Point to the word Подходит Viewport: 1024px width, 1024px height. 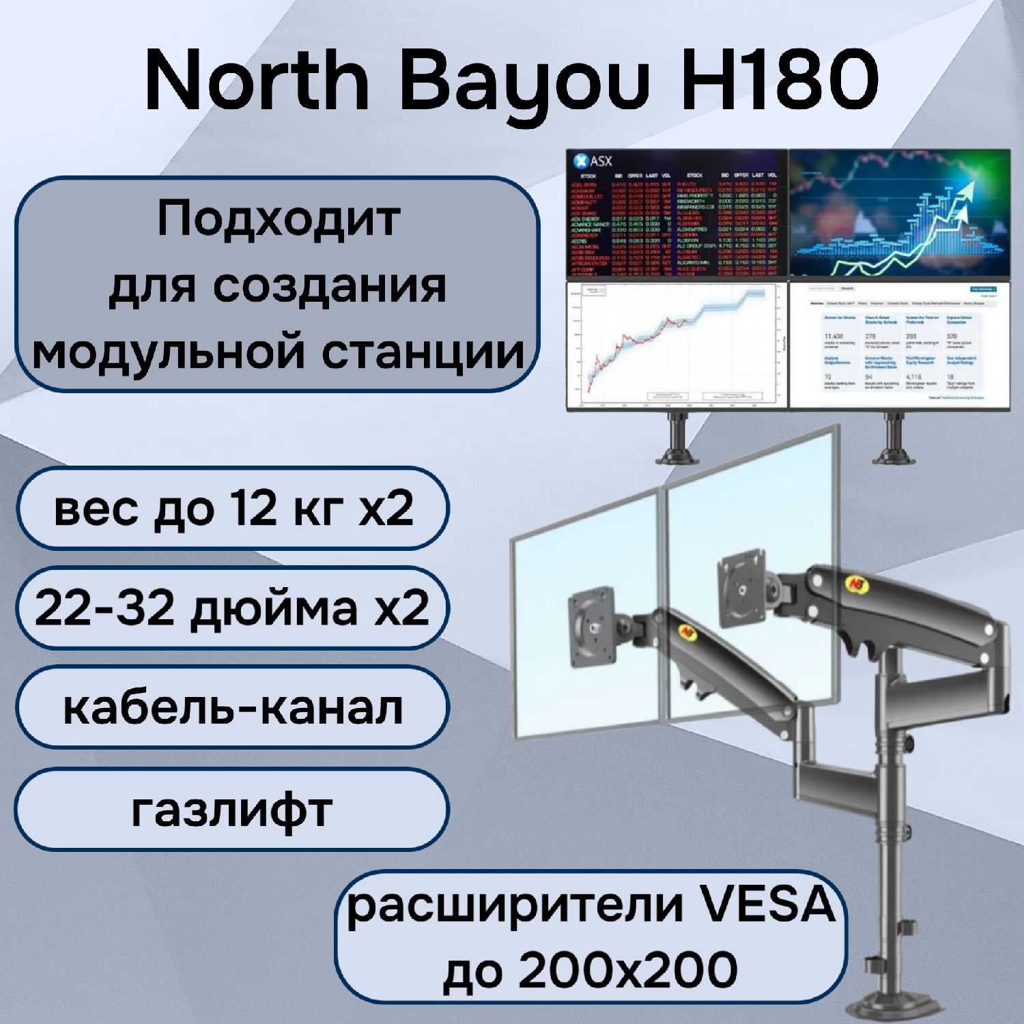point(279,219)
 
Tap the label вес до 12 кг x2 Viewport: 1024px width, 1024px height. point(233,509)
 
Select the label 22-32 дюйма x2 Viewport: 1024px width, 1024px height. point(232,608)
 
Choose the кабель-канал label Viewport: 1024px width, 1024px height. point(233,708)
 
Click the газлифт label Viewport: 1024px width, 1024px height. point(232,810)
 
